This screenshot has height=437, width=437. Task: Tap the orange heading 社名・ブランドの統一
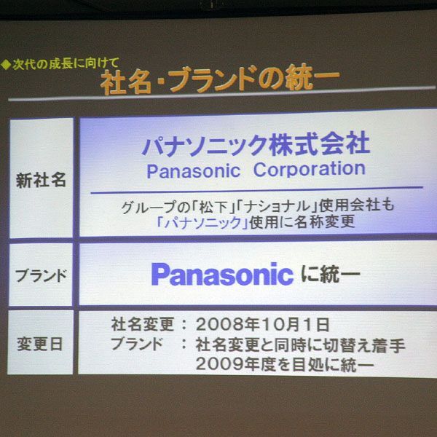[220, 79]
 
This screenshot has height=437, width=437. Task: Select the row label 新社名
[41, 180]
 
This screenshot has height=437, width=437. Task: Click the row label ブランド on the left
[41, 276]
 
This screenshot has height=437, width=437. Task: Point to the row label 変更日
[41, 343]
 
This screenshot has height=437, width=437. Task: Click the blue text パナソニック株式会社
[256, 143]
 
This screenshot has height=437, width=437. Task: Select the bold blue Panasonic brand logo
[222, 275]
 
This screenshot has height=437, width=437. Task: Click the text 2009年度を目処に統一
[285, 364]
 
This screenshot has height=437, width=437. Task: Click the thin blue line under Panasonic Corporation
[256, 187]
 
